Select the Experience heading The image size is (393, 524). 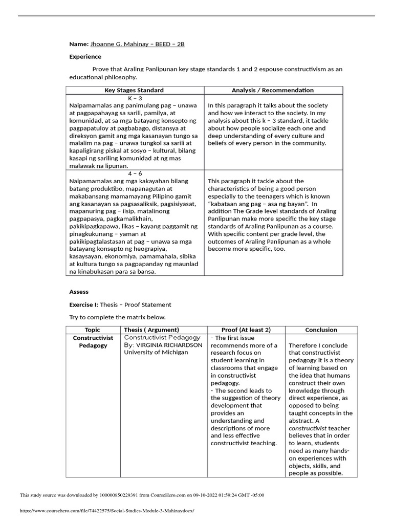click(85, 56)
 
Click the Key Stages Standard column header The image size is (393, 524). click(135, 90)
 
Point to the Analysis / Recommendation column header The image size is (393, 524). click(273, 90)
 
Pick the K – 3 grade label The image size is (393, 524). click(135, 98)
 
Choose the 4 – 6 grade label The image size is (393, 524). click(135, 173)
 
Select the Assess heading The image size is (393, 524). click(79, 292)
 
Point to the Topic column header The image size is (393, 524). click(93, 330)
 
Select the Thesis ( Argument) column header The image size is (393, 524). click(151, 330)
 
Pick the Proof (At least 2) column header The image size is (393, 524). click(246, 330)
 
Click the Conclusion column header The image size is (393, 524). click(321, 330)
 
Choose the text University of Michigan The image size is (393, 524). click(156, 353)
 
